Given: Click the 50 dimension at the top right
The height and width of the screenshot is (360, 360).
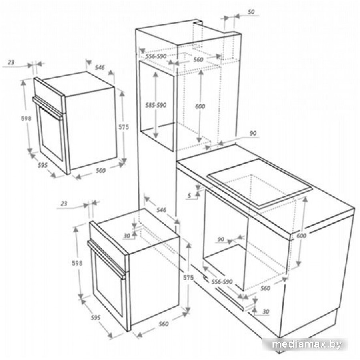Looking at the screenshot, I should click(251, 12).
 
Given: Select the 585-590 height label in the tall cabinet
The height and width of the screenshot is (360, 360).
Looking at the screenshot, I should click(156, 105).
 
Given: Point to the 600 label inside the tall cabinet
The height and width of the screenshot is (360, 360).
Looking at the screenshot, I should click(200, 106).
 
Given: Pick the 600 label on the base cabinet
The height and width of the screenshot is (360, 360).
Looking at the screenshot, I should click(301, 236).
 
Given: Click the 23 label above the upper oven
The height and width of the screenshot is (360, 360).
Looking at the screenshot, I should click(11, 62).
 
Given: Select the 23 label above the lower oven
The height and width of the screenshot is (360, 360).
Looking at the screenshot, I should click(64, 204).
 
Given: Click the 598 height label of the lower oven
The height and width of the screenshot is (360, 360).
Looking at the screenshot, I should click(78, 263).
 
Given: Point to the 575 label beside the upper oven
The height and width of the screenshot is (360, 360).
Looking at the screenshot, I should click(124, 127).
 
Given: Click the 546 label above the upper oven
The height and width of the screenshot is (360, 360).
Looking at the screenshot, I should click(100, 68).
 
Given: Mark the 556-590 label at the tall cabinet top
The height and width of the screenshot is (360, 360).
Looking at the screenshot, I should click(156, 56).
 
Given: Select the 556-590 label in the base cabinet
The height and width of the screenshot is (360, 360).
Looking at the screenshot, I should click(222, 282).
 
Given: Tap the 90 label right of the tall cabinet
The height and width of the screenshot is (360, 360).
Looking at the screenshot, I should click(252, 133).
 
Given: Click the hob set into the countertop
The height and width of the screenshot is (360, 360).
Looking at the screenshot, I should click(260, 184).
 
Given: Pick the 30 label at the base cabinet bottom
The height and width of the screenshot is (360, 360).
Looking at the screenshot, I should click(266, 312).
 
